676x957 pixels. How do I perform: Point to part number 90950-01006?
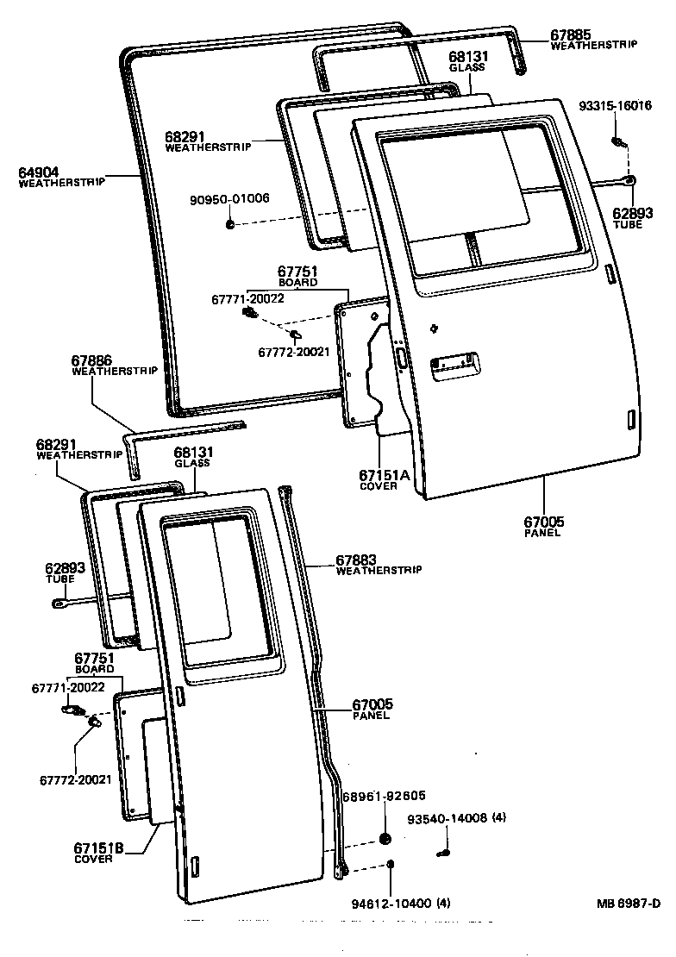229,198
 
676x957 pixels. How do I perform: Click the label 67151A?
378,475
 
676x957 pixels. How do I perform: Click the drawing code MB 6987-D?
628,904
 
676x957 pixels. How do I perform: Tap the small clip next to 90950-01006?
230,224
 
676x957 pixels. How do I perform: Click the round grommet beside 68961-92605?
385,839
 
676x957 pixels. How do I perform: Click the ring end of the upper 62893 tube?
630,180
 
